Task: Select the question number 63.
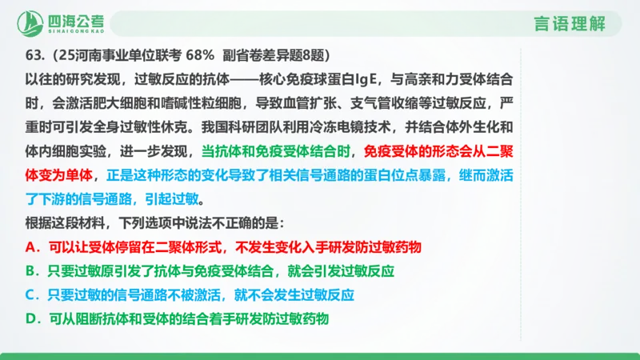point(34,54)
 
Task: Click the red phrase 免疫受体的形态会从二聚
point(438,150)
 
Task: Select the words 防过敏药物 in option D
point(297,318)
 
